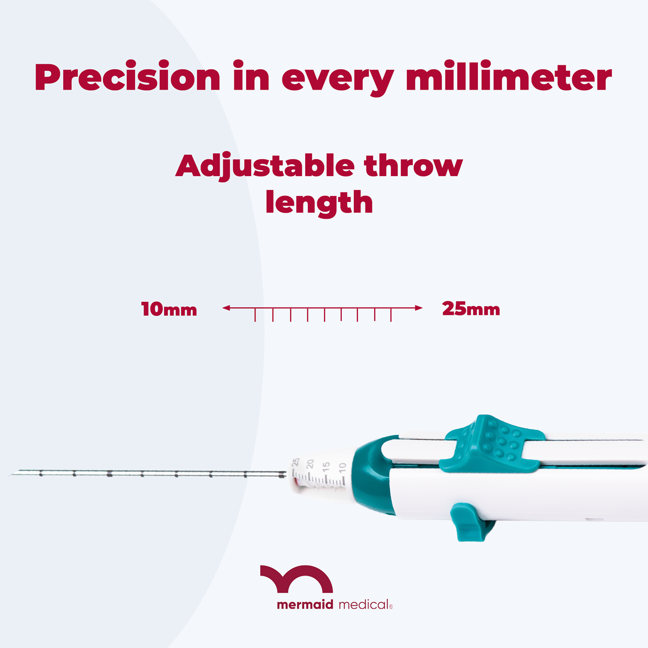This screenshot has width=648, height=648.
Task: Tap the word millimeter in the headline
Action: pyautogui.click(x=509, y=78)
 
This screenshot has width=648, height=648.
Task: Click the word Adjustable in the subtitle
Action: pyautogui.click(x=265, y=165)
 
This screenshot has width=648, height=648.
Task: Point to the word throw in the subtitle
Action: pyautogui.click(x=414, y=165)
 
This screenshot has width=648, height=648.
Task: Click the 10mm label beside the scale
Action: pyautogui.click(x=169, y=309)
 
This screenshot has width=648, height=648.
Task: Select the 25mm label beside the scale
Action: pyautogui.click(x=471, y=309)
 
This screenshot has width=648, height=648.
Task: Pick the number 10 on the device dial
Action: pyautogui.click(x=342, y=468)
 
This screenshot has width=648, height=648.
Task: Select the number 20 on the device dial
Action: pyautogui.click(x=310, y=464)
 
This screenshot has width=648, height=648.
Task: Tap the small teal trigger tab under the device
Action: pyautogui.click(x=466, y=522)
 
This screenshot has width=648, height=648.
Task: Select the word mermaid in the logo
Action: pyautogui.click(x=305, y=605)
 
